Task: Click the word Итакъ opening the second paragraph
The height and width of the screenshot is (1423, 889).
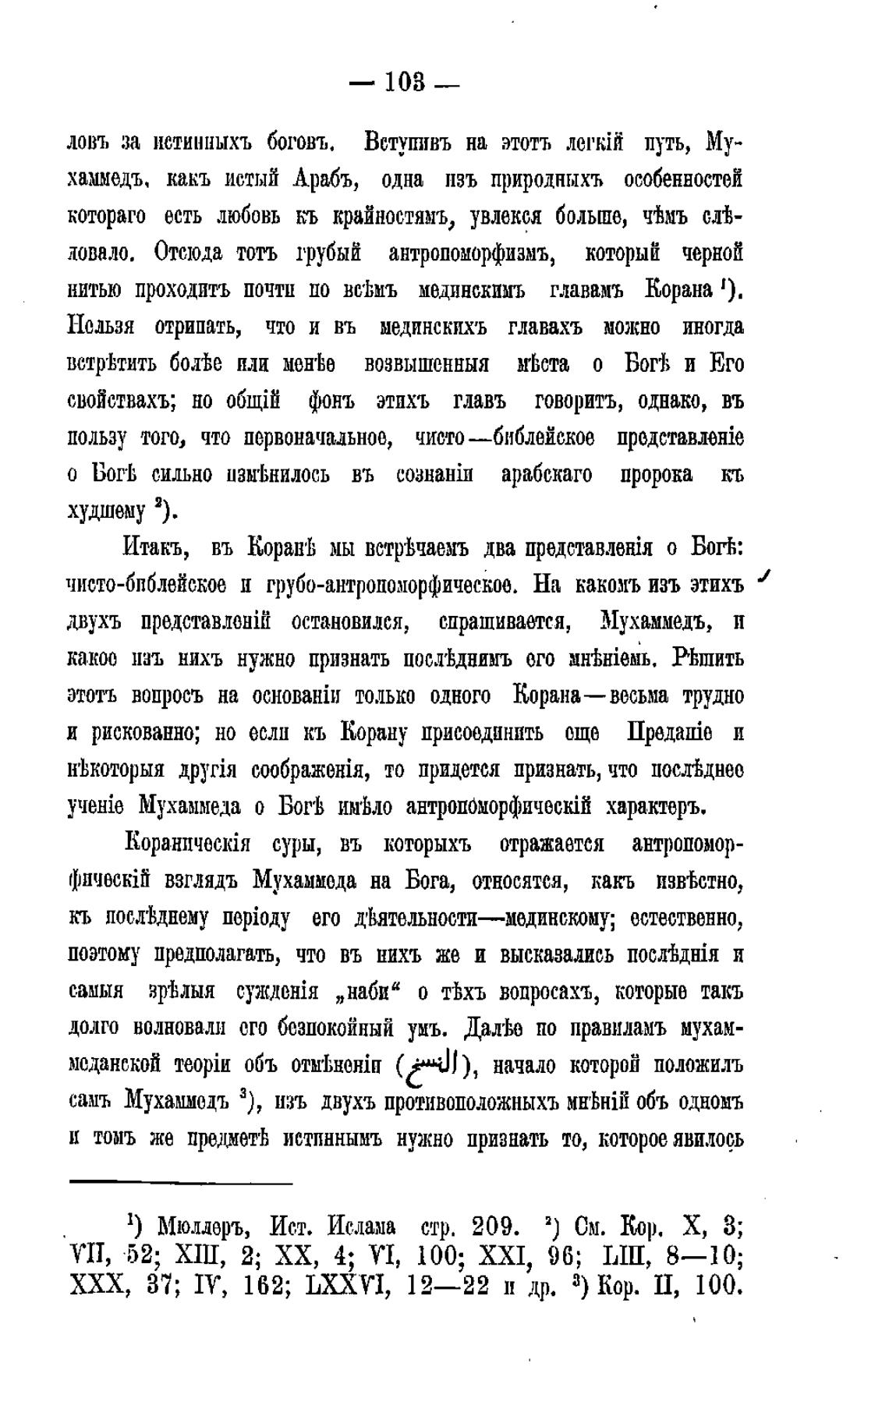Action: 156,548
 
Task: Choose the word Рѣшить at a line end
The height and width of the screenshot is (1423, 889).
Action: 711,659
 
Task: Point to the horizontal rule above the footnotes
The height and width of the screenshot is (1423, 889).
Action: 180,1183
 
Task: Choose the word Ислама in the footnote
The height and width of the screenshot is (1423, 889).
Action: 361,1227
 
